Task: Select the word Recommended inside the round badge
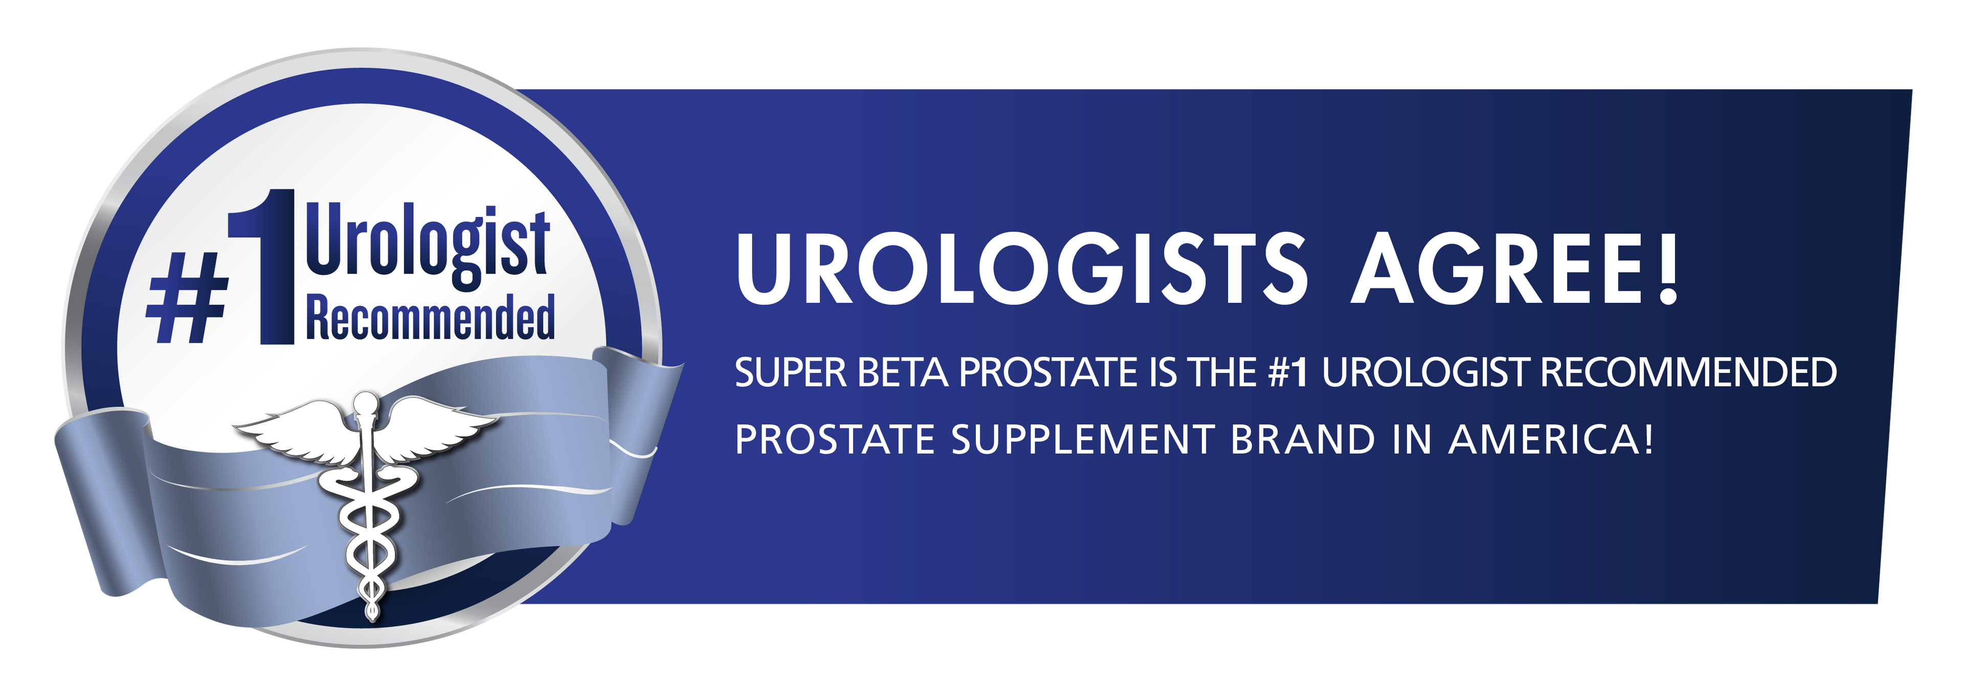(x=430, y=316)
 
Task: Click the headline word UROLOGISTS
(x=1022, y=269)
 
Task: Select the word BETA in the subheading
(x=903, y=373)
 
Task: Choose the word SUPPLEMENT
(x=1083, y=440)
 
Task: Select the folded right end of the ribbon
(x=637, y=434)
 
